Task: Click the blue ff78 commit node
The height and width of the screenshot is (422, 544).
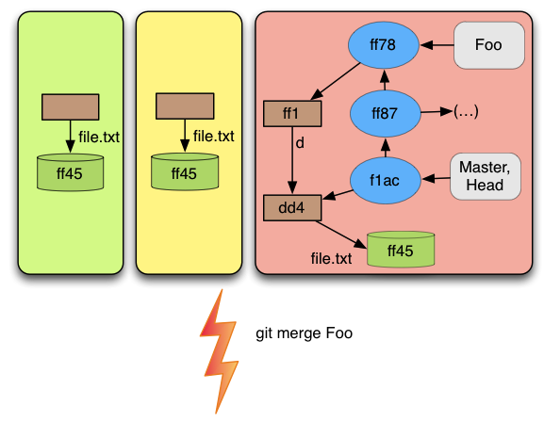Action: coord(383,44)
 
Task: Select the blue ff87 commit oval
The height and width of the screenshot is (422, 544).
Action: coord(385,113)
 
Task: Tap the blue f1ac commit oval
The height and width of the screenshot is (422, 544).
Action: coord(385,180)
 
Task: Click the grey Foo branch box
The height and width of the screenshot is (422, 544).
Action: coord(488,45)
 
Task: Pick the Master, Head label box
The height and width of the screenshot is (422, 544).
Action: coord(486,176)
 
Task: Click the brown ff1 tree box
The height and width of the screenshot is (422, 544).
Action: coord(292,113)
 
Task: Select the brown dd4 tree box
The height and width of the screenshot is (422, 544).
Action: coord(292,208)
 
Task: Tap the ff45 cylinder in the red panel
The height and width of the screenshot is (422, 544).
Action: coord(401,250)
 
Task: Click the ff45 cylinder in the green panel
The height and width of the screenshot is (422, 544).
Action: coord(70,172)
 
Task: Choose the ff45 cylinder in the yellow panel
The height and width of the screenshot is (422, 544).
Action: coord(185,171)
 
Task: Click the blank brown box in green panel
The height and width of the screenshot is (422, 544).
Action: coord(71,106)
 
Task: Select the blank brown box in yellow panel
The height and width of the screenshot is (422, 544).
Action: coord(185,106)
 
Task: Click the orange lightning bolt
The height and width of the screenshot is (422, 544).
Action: coord(220,351)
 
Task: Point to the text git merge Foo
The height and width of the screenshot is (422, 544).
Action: coord(304,333)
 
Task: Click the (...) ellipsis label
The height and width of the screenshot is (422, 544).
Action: coord(466,112)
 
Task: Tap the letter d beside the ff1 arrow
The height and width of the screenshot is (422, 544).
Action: coord(300,142)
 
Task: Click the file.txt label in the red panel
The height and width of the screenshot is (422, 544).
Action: coord(331,258)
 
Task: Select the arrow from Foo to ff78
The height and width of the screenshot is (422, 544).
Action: coord(437,44)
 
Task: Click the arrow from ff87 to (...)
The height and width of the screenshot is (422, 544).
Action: coord(437,112)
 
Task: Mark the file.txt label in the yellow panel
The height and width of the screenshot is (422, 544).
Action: coord(213,136)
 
